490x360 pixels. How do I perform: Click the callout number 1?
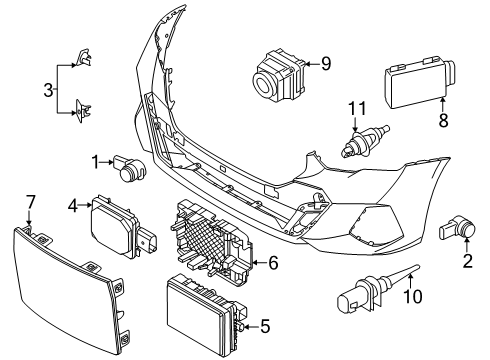pos(95,161)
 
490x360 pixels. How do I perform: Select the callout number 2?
pos(467,262)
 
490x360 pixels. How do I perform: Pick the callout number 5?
pos(265,325)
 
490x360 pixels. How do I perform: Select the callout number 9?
pos(325,63)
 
